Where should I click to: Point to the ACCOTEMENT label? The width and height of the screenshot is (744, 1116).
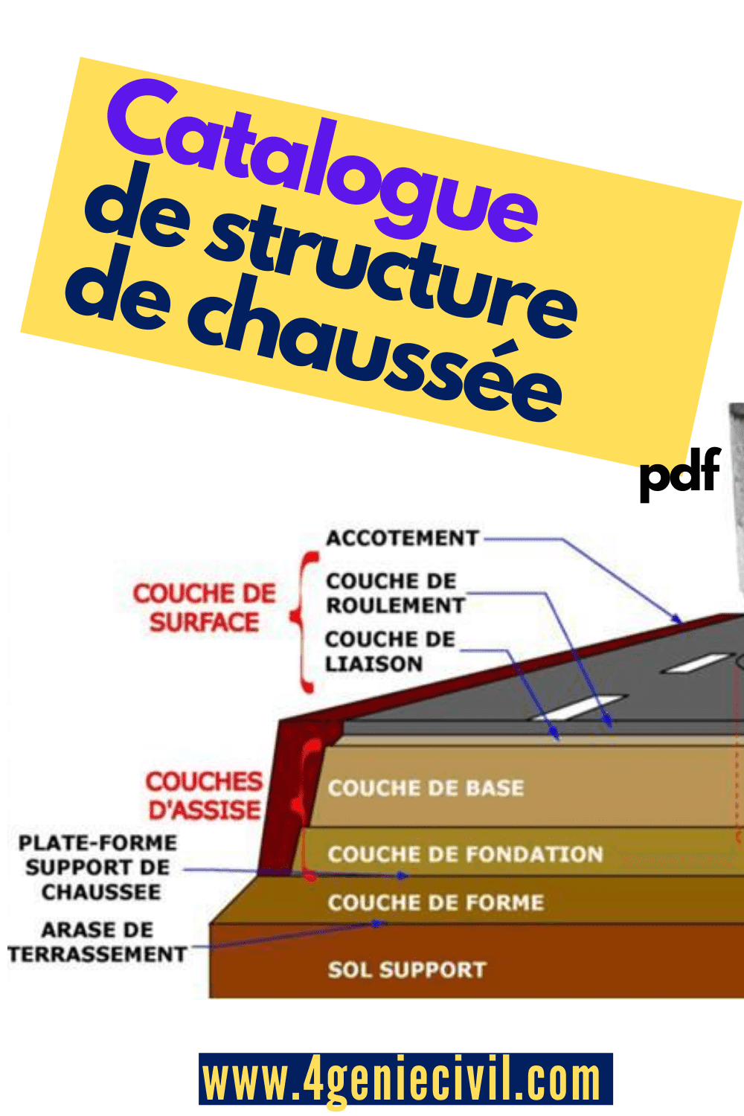[x=402, y=538]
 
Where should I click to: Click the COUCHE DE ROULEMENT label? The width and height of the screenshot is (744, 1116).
[x=394, y=593]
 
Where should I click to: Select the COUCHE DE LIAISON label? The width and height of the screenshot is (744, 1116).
[x=389, y=651]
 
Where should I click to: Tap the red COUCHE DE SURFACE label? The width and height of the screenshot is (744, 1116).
[x=204, y=608]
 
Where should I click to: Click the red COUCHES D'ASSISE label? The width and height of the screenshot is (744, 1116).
[x=204, y=795]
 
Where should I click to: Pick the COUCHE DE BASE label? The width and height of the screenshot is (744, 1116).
[x=426, y=788]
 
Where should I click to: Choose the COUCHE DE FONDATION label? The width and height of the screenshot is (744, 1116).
[x=465, y=854]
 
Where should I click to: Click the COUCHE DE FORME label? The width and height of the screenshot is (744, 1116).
[x=436, y=902]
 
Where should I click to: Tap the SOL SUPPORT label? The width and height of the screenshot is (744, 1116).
[x=406, y=969]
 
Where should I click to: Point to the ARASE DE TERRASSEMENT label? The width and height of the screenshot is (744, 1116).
[x=97, y=942]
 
